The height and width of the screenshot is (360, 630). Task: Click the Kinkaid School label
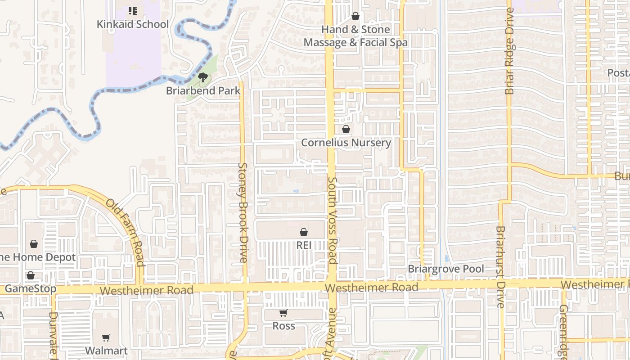coord(133,24)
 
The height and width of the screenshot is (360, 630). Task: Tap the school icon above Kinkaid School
coord(132,10)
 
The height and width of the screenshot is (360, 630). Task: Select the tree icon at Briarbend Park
coord(203,77)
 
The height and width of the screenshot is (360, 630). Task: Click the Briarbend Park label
coord(203,90)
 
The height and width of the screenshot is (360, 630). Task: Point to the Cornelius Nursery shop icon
coord(346,130)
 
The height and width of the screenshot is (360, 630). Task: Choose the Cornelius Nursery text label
coord(346,143)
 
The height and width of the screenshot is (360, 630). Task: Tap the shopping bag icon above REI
coord(304,232)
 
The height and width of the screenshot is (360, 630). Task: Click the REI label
coord(304,245)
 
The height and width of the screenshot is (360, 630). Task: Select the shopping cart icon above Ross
coord(283,313)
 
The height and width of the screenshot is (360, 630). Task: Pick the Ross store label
coord(283,326)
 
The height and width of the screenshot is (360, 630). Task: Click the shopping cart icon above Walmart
coord(106,337)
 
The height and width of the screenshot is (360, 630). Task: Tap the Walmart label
coord(106,350)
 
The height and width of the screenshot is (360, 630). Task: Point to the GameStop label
coord(31,288)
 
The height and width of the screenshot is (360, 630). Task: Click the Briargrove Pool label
coord(446,269)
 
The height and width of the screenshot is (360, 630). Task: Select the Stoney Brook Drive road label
coord(243,212)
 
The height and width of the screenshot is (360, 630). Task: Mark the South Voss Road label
coord(333,220)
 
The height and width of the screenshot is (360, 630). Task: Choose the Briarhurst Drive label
coord(500,267)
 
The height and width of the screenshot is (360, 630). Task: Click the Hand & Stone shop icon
coord(355,17)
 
